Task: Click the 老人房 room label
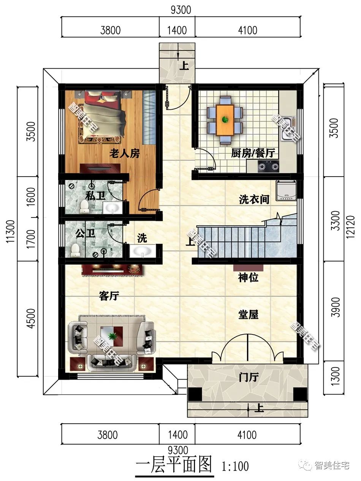click(x=125, y=154)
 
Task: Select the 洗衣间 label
click(x=254, y=199)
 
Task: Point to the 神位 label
click(x=248, y=278)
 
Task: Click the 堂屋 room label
click(x=248, y=314)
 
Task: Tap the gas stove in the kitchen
click(x=268, y=166)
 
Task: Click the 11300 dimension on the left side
click(x=11, y=231)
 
